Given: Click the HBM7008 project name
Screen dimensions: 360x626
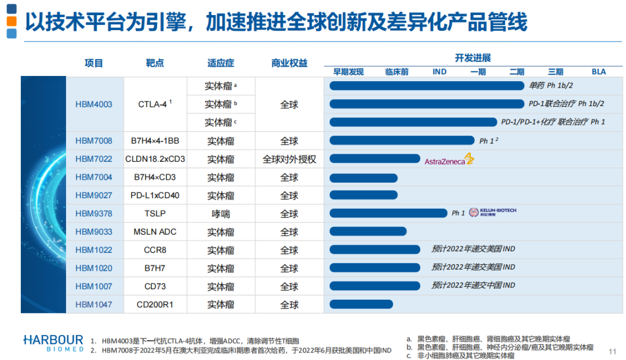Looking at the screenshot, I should (94, 141).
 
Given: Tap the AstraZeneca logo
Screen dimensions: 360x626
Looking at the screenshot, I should (449, 160).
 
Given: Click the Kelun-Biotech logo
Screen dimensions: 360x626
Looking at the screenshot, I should (492, 213).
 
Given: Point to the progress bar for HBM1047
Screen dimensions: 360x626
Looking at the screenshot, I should (361, 304).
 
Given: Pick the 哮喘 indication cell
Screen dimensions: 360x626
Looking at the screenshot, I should (221, 214).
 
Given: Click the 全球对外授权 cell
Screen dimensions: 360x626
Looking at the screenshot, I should (289, 159).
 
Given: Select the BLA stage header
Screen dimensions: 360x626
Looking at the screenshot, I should (599, 72).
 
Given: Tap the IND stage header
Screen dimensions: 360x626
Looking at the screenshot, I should (439, 72).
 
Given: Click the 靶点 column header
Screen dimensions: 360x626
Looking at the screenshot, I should (155, 63).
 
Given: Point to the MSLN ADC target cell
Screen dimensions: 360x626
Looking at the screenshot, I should (155, 232).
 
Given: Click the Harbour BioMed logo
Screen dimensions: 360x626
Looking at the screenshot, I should (53, 343).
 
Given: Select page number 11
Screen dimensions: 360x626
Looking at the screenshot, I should (613, 351).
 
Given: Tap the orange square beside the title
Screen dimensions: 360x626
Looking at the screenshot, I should (12, 21).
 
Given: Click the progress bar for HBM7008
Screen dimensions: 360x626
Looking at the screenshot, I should (402, 140).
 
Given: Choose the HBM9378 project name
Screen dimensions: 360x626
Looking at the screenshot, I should (94, 214).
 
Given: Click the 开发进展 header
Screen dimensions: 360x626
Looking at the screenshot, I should (472, 58).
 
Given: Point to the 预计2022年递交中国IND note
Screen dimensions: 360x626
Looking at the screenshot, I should (473, 286).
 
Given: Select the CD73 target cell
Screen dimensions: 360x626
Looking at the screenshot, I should (155, 286).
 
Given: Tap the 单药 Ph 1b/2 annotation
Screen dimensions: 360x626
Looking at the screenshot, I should (551, 86).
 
